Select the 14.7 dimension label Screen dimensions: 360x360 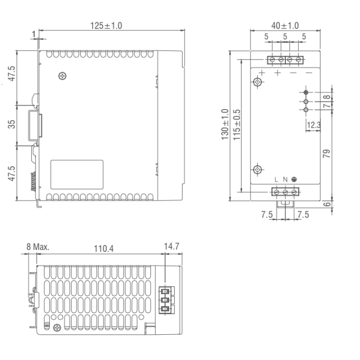click(x=171, y=246)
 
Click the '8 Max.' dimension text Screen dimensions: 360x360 click(x=38, y=246)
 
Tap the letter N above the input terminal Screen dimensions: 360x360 click(x=285, y=179)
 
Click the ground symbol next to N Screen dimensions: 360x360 click(x=294, y=179)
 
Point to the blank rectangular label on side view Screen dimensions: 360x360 click(x=77, y=174)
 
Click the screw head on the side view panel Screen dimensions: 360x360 click(x=63, y=76)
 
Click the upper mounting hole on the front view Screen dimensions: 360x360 click(x=259, y=82)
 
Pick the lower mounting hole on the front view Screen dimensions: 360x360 click(x=259, y=169)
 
